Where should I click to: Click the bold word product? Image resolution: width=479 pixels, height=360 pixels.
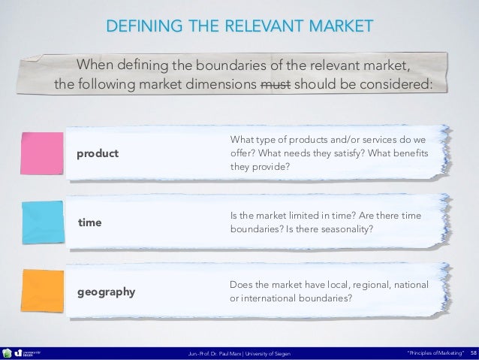[x=98, y=153]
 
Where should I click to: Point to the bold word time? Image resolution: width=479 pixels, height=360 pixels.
[x=89, y=223]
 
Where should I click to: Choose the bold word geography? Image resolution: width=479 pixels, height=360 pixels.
[x=107, y=292]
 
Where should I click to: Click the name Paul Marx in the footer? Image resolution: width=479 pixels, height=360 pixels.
[x=230, y=352]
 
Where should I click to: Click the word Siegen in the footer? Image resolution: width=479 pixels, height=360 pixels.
[x=279, y=352]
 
